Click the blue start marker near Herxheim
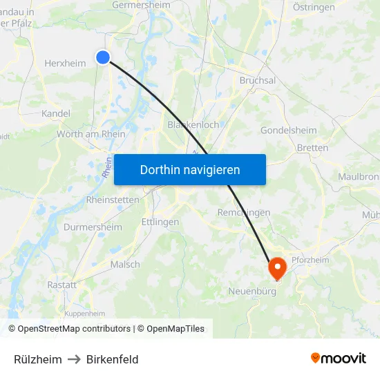[103, 57]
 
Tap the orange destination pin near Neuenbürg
[277, 268]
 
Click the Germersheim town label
[141, 6]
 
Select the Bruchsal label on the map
[257, 81]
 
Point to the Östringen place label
[314, 7]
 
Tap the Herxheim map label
[65, 64]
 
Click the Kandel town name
[56, 113]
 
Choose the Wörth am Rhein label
[91, 134]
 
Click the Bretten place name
[312, 148]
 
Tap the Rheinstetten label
[113, 200]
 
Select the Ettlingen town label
[160, 222]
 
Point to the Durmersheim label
[93, 227]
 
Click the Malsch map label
[125, 265]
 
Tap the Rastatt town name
[61, 285]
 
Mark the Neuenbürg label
[252, 292]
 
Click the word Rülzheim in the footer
[38, 359]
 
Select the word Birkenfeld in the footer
[113, 359]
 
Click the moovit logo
[339, 359]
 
